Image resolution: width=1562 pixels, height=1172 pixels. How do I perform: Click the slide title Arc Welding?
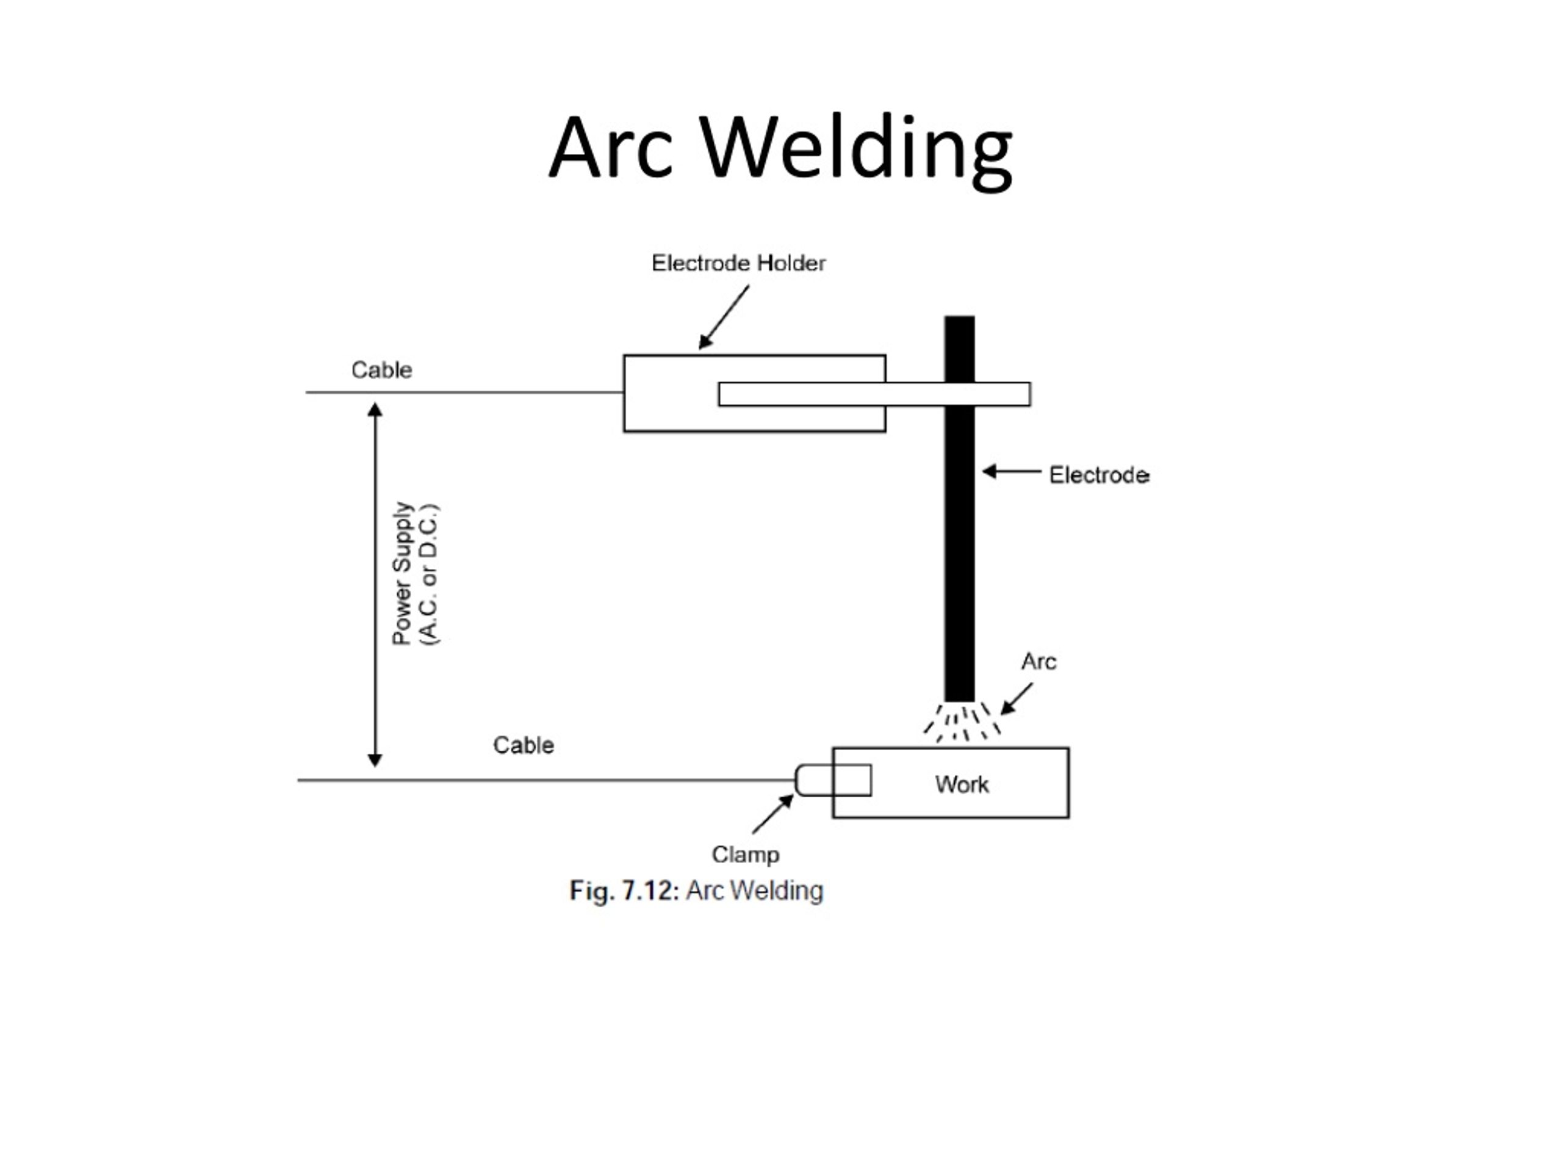[x=780, y=148]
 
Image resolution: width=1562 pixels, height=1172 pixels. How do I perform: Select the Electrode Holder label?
[x=738, y=264]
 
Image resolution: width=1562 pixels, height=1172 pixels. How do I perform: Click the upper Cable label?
[x=381, y=370]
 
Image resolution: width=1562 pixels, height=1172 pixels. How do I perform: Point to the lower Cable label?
[x=524, y=745]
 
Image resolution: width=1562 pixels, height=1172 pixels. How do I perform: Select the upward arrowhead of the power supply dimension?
[x=375, y=410]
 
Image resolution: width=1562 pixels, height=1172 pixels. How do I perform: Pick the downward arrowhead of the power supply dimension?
[x=375, y=760]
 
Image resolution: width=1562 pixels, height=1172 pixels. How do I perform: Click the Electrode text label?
[x=1099, y=476]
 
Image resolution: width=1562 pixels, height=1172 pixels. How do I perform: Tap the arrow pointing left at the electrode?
[x=1011, y=471]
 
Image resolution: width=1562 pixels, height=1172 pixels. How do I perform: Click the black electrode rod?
[x=960, y=551]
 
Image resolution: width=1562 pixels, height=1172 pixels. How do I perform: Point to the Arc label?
[x=1038, y=662]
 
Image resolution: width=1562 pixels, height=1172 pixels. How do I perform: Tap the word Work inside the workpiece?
[x=962, y=785]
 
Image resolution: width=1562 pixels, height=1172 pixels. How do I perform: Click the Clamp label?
[x=745, y=855]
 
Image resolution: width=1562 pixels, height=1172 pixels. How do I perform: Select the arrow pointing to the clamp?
[x=772, y=814]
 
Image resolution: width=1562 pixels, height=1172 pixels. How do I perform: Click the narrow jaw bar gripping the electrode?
[x=874, y=394]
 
